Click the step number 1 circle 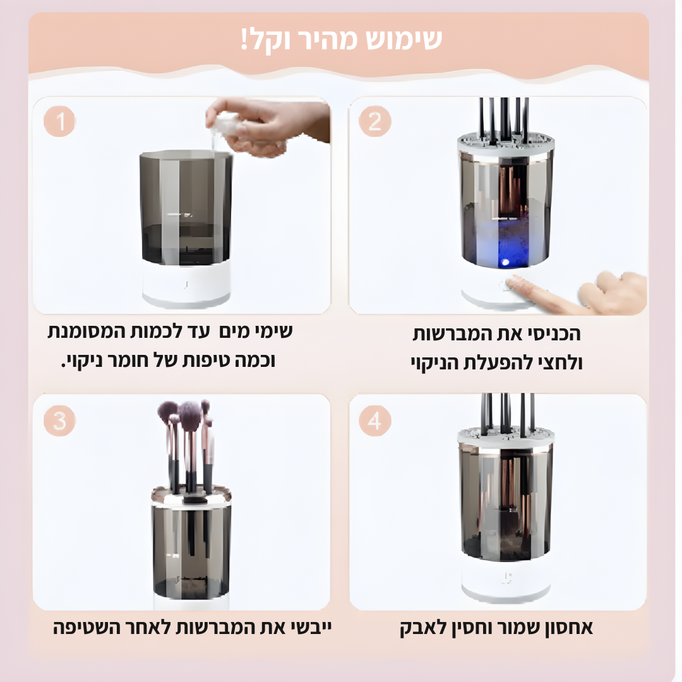[x=59, y=121]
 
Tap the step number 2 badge [x=375, y=121]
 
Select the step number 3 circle [x=59, y=421]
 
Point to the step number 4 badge [x=375, y=421]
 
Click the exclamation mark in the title [x=244, y=39]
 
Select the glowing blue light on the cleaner [x=505, y=262]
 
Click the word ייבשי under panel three [x=309, y=628]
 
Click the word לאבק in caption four [x=417, y=628]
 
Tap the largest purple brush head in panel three [x=189, y=416]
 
